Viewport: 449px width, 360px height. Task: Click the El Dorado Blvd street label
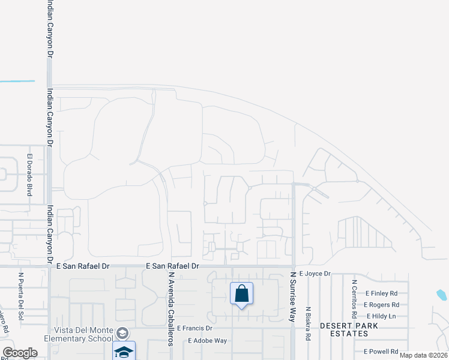tap(29, 175)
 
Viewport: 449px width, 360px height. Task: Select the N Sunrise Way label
tap(294, 296)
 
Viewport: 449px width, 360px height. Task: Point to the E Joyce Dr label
tap(315, 274)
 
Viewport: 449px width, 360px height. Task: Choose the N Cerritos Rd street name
tap(355, 298)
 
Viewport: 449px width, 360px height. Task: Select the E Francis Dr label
tap(192, 329)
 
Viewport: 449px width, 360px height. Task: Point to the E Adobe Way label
tap(207, 340)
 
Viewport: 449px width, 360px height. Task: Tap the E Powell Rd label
tap(381, 352)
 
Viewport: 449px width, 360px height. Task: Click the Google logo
tap(20, 353)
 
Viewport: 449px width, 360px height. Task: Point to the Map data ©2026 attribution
tap(423, 355)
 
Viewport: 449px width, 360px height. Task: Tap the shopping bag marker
tap(241, 294)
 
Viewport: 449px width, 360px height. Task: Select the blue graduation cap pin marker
tap(123, 351)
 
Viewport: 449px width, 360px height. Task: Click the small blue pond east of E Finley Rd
tap(442, 295)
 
